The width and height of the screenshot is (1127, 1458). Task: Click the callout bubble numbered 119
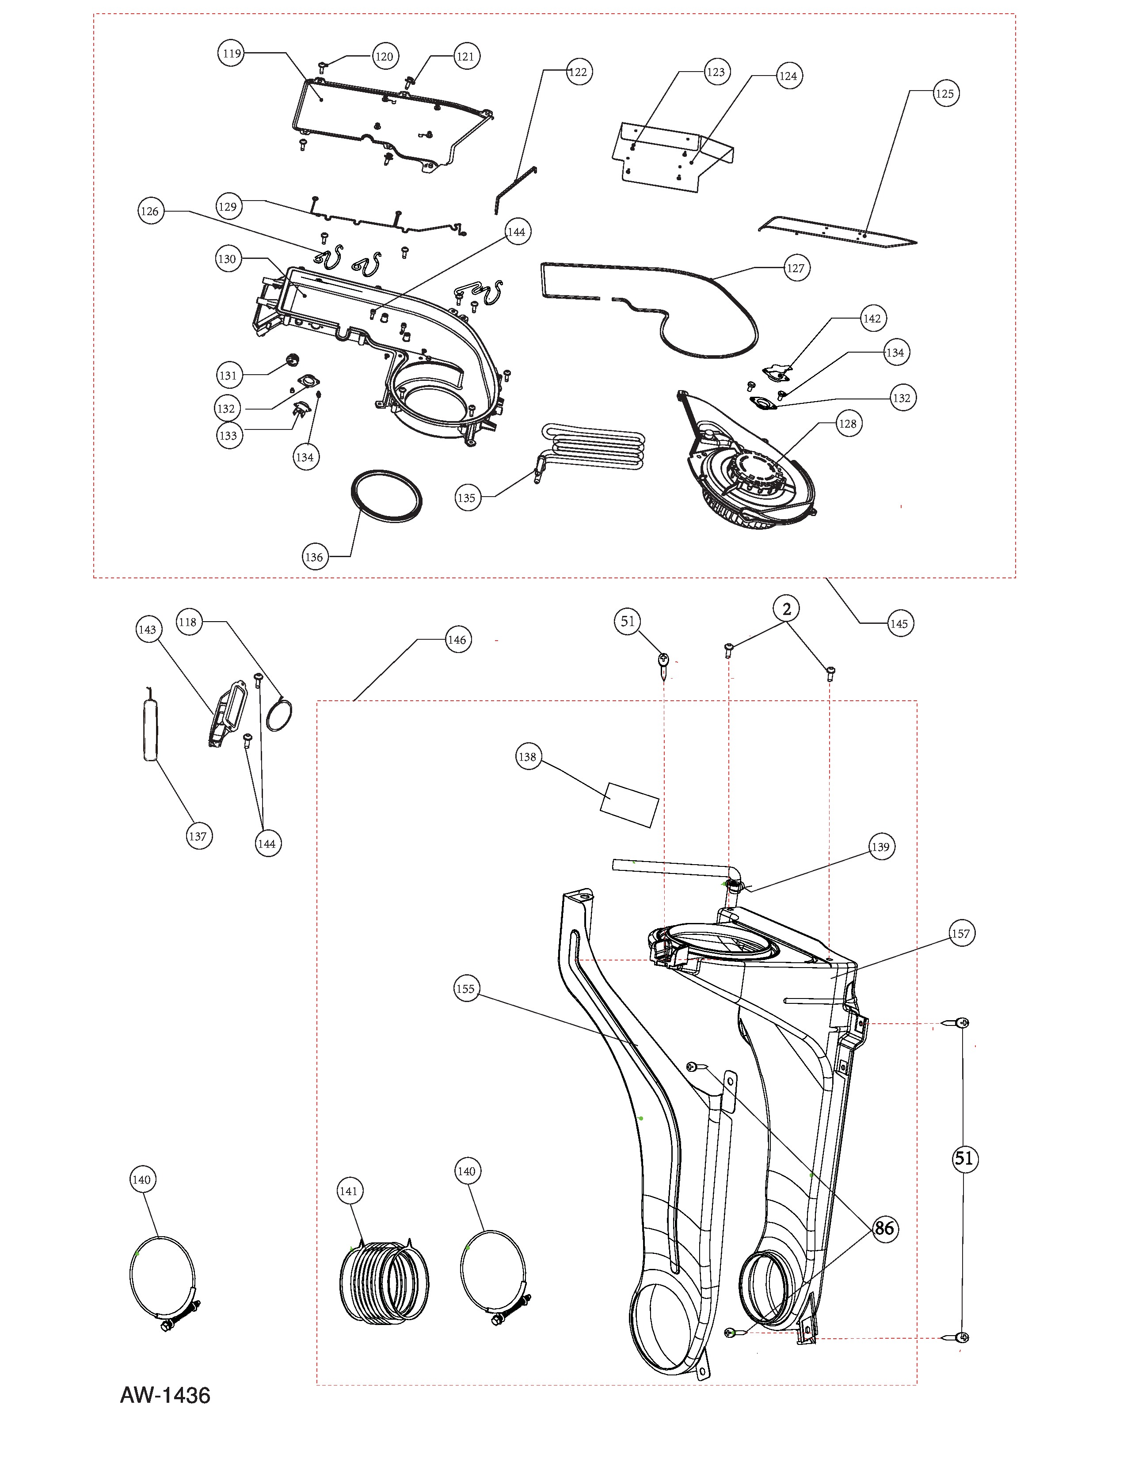tap(232, 53)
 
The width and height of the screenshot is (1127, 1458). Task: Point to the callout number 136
tap(314, 557)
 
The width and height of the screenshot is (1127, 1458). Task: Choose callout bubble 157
tap(960, 933)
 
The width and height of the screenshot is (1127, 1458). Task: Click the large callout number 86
tap(884, 1228)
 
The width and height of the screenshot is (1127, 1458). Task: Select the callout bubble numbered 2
tap(787, 609)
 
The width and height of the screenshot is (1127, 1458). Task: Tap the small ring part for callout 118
tap(279, 714)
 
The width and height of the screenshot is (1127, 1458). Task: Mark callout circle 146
tap(457, 640)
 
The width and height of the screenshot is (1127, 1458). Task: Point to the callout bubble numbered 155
tap(465, 989)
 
